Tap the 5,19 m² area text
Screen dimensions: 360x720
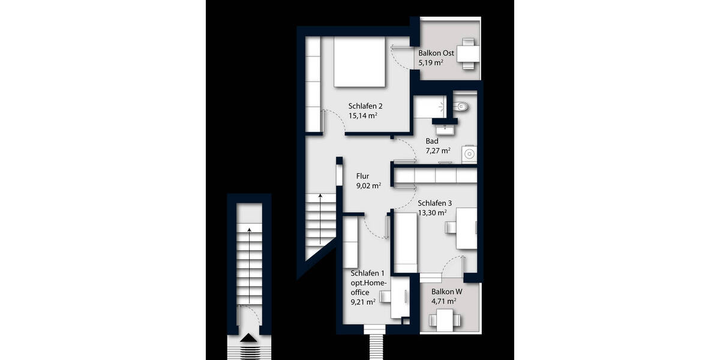click(x=431, y=63)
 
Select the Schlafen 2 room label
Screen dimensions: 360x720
click(x=365, y=106)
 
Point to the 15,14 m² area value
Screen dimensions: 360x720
click(x=362, y=116)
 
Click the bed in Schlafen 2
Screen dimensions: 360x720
click(x=358, y=62)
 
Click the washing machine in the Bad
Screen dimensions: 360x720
click(x=469, y=154)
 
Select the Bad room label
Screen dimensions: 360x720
click(x=432, y=142)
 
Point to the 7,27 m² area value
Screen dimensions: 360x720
click(x=437, y=151)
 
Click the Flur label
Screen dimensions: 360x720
click(x=362, y=176)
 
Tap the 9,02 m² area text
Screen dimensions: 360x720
click(x=368, y=186)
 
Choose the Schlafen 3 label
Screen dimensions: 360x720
click(x=434, y=203)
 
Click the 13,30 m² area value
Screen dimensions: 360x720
click(x=432, y=212)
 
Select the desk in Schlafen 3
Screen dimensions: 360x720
click(x=466, y=228)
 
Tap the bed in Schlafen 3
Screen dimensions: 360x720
click(x=405, y=241)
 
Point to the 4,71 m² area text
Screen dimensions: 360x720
click(x=443, y=301)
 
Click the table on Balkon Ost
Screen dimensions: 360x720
click(x=467, y=53)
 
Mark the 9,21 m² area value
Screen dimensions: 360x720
click(x=363, y=302)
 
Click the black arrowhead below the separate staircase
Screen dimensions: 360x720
click(x=247, y=339)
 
